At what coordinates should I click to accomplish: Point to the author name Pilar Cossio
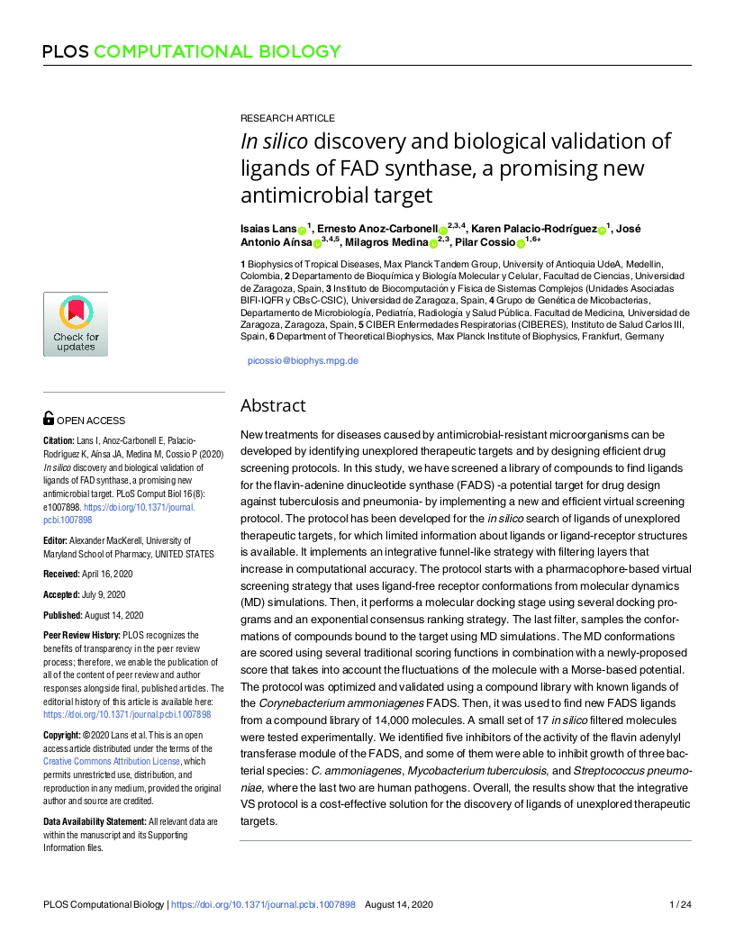click(x=478, y=242)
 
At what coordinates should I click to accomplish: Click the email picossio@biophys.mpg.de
click(x=303, y=360)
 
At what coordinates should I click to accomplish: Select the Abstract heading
click(x=273, y=405)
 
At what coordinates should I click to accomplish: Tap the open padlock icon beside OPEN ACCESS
click(x=49, y=419)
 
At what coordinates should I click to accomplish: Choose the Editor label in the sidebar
click(x=56, y=540)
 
